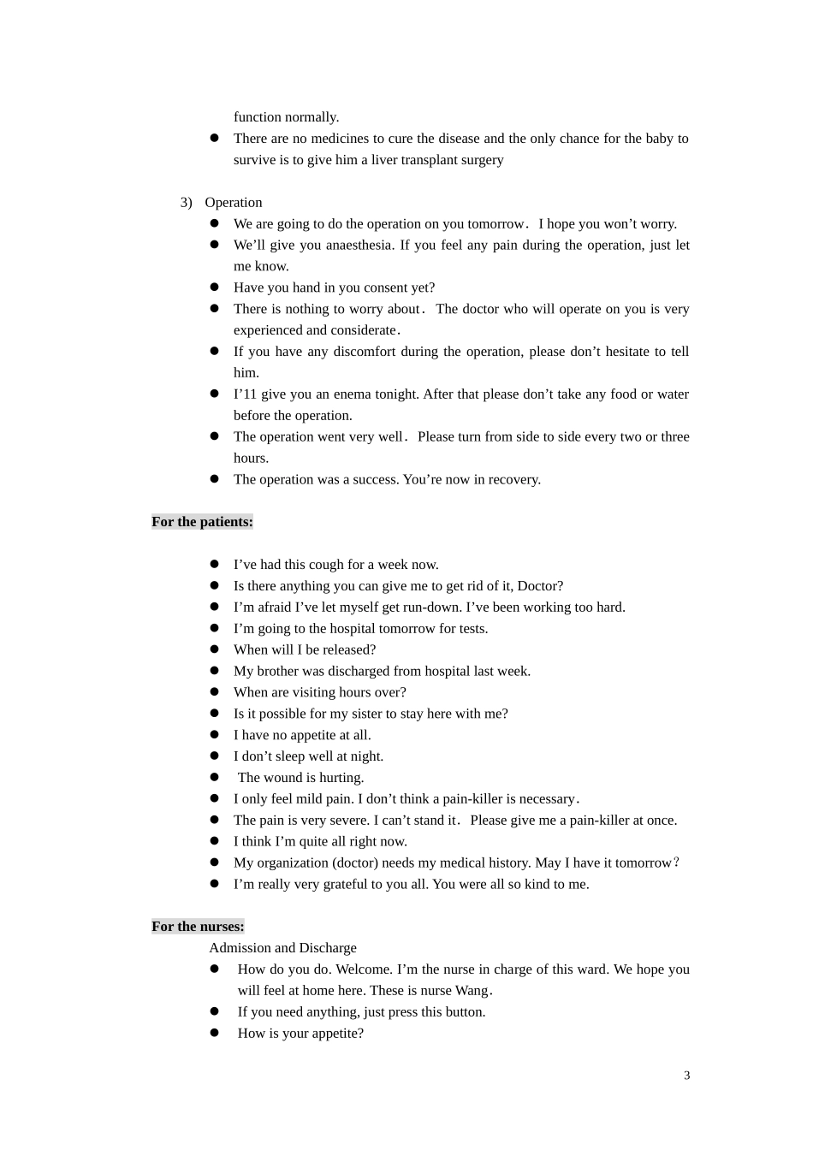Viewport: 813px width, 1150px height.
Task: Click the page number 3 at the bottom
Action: (686, 1076)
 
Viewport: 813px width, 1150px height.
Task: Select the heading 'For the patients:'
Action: (202, 522)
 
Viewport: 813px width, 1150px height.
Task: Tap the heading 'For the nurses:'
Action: (198, 927)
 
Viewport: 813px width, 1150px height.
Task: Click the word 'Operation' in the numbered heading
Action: (234, 203)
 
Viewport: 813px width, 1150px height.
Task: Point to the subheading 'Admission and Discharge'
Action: (282, 948)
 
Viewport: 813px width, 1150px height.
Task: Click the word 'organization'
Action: (293, 863)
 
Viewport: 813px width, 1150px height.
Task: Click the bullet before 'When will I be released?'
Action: (215, 650)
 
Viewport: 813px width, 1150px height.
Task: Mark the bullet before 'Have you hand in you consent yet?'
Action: (215, 287)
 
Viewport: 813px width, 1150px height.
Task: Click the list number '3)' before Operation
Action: (186, 203)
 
